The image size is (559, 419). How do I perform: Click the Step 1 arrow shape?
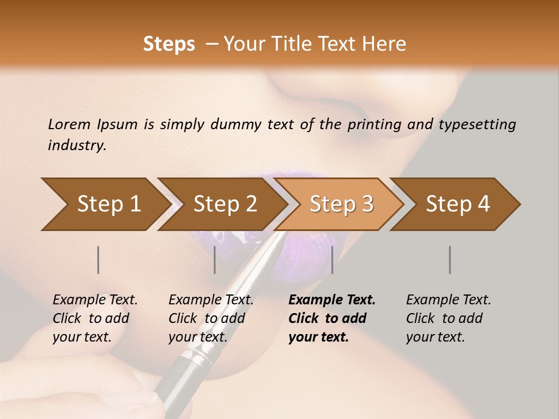(x=105, y=204)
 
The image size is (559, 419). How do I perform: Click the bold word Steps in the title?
(x=169, y=44)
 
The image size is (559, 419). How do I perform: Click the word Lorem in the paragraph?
(x=69, y=124)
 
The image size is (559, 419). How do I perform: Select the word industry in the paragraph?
(x=76, y=145)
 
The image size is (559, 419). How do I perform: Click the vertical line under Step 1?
(x=98, y=260)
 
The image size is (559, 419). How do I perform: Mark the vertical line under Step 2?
(x=215, y=260)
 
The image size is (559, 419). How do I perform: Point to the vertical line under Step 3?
(x=332, y=260)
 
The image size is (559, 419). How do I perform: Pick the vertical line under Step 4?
(x=450, y=260)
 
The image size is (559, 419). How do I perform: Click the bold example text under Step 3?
(x=331, y=318)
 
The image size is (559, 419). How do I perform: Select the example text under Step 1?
(x=94, y=318)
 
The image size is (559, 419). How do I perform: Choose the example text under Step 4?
(x=447, y=318)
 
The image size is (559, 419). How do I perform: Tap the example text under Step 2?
(x=210, y=318)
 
